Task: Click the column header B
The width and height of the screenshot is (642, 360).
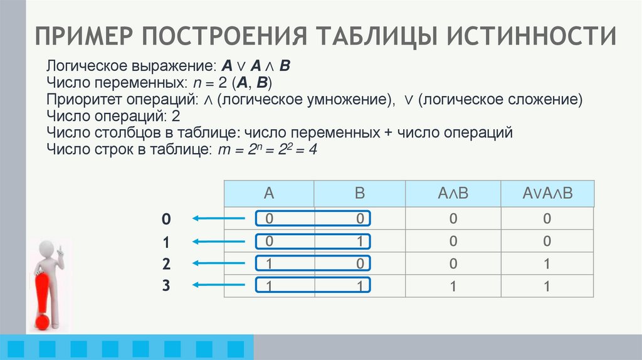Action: [x=360, y=193]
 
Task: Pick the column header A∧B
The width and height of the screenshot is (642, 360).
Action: [x=453, y=193]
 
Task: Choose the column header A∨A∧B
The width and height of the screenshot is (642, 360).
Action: [x=547, y=193]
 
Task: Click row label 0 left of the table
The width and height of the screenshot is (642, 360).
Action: [x=166, y=219]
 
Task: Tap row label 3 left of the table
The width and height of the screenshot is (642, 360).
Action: [x=166, y=285]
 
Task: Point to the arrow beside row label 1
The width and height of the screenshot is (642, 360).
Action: [x=218, y=241]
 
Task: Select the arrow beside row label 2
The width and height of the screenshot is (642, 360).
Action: [x=218, y=263]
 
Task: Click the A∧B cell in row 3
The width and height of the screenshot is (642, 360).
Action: [x=453, y=286]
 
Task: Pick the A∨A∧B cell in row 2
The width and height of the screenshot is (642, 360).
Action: [x=547, y=263]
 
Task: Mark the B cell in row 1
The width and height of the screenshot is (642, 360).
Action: [x=360, y=241]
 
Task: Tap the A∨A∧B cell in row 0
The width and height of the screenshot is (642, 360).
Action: [x=547, y=219]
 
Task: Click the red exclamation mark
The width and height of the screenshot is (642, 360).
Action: [x=43, y=301]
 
